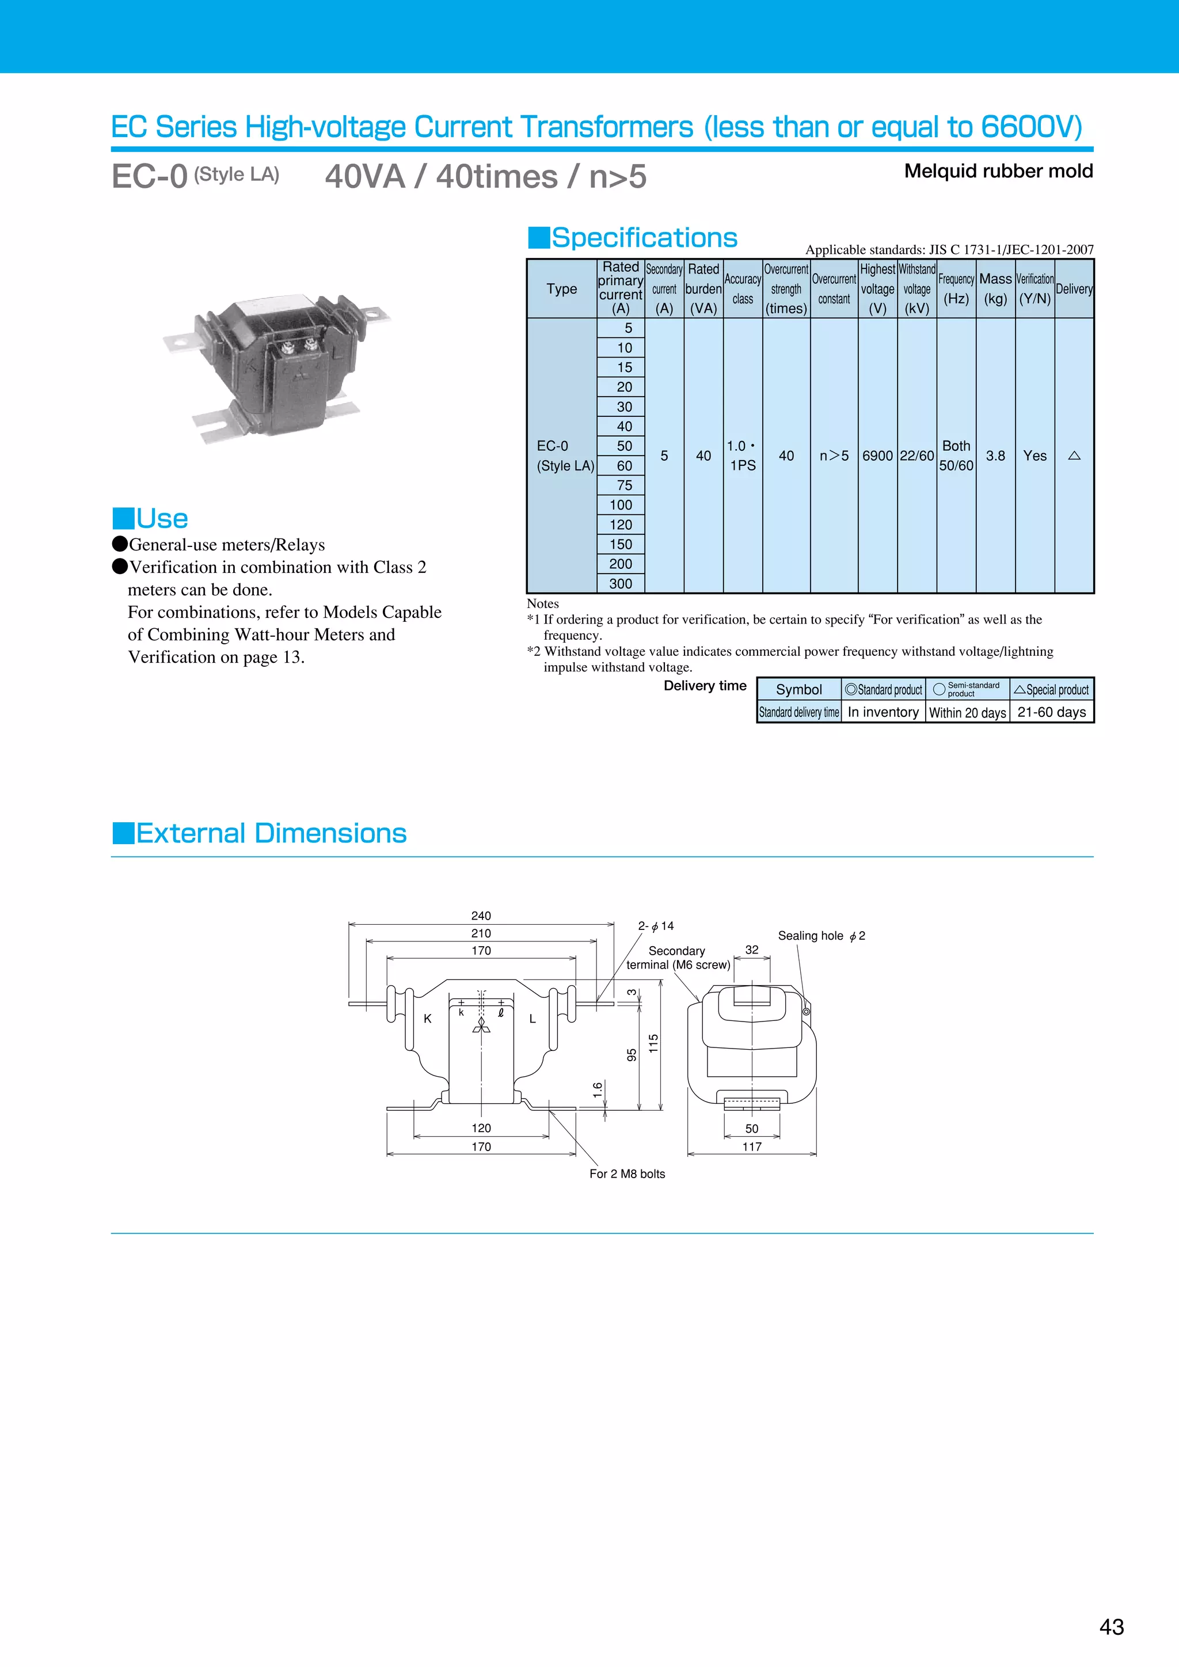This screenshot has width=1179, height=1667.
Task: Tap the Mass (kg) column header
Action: point(995,288)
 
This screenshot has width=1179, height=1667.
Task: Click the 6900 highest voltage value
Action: point(877,455)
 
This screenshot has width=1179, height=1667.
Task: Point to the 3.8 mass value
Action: point(995,455)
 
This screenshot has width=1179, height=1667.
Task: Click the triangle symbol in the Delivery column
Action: point(1074,455)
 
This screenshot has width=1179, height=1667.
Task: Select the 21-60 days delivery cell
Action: point(1051,712)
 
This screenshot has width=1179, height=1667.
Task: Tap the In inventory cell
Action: point(883,712)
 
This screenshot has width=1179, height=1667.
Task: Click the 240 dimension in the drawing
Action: point(481,916)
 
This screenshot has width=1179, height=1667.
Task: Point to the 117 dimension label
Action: point(751,1147)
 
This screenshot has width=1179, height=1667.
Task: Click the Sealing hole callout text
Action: point(821,936)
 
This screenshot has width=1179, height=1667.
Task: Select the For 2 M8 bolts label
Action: point(626,1174)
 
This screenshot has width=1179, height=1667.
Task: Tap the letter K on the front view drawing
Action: point(428,1019)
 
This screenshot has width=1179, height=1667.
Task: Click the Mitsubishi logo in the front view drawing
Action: point(481,1024)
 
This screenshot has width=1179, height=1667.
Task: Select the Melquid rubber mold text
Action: point(998,172)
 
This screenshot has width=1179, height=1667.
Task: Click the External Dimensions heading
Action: point(271,833)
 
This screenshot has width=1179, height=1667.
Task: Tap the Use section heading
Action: point(161,518)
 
